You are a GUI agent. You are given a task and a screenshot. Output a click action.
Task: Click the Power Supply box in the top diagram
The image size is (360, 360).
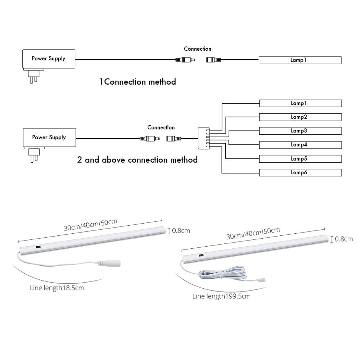point(48,58)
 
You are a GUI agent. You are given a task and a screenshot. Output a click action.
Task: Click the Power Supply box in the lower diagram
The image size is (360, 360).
point(49,137)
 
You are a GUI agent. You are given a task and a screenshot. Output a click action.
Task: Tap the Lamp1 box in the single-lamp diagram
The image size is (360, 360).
point(300,60)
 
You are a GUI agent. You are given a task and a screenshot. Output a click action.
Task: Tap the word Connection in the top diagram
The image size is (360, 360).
point(197,49)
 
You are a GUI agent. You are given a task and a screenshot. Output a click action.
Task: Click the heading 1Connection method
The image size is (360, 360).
point(138,82)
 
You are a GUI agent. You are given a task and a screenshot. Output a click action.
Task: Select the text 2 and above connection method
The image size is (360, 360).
point(137,159)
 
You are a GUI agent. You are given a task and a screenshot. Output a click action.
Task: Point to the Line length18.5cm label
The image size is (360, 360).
point(57,288)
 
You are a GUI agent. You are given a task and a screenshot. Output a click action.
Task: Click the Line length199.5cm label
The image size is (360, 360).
point(221,296)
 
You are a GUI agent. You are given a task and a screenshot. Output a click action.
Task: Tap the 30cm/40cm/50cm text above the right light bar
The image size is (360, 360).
point(253,233)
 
